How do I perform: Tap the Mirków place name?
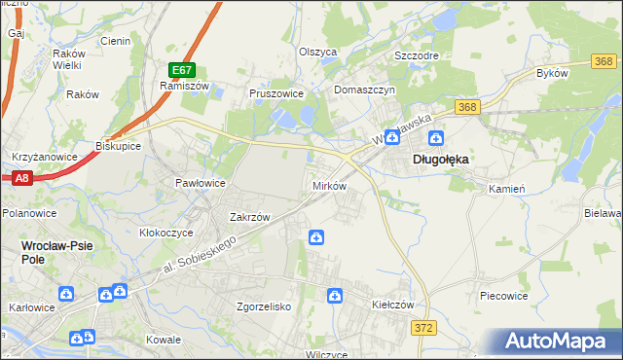coord(328,185)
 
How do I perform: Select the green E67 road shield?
coord(182,70)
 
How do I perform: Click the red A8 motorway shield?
coord(22,178)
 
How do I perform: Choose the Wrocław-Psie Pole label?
coord(56,252)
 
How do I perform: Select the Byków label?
coord(552,74)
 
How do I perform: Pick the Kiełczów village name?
coord(393,305)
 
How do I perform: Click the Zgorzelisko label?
coord(265,306)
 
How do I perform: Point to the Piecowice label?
coord(504,294)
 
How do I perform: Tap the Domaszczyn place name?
coord(364,90)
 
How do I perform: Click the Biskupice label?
coord(119,146)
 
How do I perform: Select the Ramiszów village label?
coord(179,86)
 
